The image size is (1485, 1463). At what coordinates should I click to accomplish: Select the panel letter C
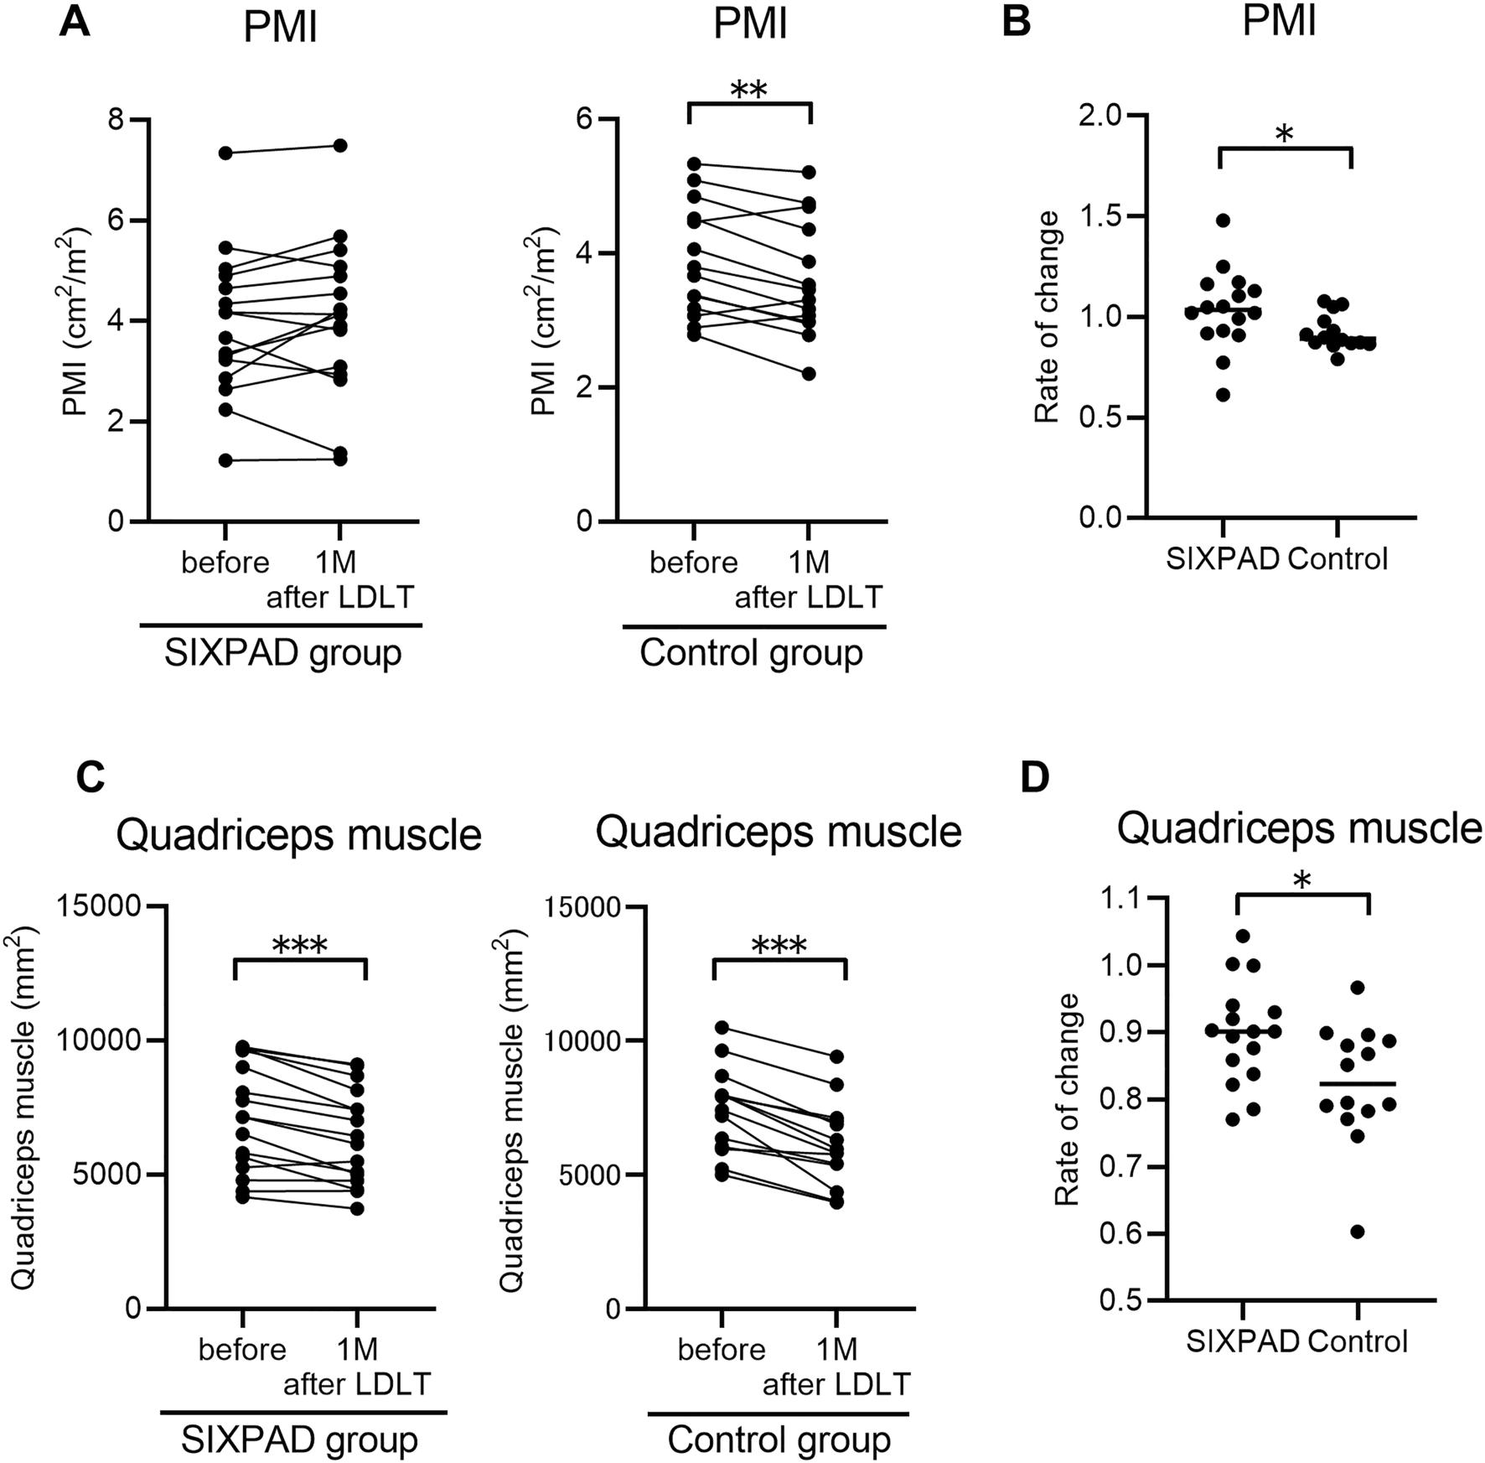pyautogui.click(x=90, y=778)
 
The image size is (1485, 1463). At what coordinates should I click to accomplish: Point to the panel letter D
pyautogui.click(x=1036, y=778)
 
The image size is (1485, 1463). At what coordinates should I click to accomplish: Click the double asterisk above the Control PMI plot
pyautogui.click(x=749, y=91)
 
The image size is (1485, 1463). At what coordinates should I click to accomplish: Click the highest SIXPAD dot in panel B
pyautogui.click(x=1223, y=220)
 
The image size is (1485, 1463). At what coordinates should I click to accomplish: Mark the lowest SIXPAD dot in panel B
pyautogui.click(x=1223, y=395)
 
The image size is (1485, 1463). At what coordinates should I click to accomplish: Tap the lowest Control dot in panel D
pyautogui.click(x=1358, y=1232)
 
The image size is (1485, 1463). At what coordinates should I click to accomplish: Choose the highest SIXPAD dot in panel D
pyautogui.click(x=1243, y=936)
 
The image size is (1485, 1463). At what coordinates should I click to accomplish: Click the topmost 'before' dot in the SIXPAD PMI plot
pyautogui.click(x=225, y=153)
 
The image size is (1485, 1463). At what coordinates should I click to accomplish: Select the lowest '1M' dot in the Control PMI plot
pyautogui.click(x=809, y=374)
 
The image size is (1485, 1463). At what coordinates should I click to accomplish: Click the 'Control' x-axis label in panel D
pyautogui.click(x=1358, y=1341)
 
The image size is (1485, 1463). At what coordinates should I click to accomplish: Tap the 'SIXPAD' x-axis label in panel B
pyautogui.click(x=1223, y=558)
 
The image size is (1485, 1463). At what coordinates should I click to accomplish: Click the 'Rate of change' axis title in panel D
pyautogui.click(x=1067, y=1099)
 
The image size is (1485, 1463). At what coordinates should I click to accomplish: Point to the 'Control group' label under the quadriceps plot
pyautogui.click(x=779, y=1440)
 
